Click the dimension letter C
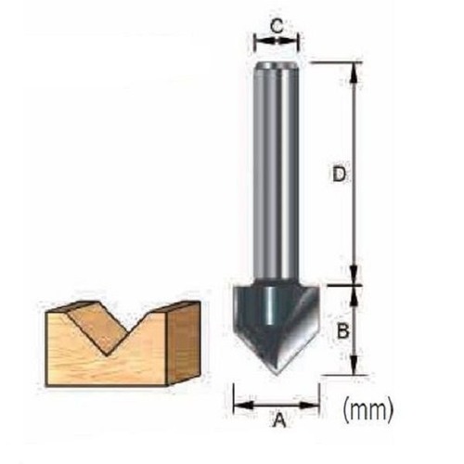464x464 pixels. (x=277, y=26)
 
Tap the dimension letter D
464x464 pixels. (x=339, y=174)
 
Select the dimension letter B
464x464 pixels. (x=342, y=331)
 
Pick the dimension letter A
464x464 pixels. (x=280, y=419)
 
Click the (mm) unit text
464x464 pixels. (x=368, y=409)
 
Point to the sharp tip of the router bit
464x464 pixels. (x=277, y=375)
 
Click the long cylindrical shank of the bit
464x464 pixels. (x=277, y=170)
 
